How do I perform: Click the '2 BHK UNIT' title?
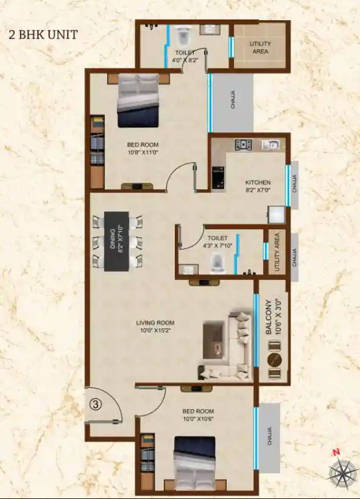[44, 34]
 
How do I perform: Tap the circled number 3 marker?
[96, 403]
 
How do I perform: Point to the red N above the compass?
[336, 452]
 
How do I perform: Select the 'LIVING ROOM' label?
[155, 322]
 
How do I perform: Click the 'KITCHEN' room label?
[258, 183]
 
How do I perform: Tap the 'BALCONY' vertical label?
[268, 318]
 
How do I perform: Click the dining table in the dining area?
[118, 240]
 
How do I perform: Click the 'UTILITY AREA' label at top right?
[261, 48]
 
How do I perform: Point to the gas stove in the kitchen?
[244, 145]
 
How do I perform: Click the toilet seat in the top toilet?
[183, 32]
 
